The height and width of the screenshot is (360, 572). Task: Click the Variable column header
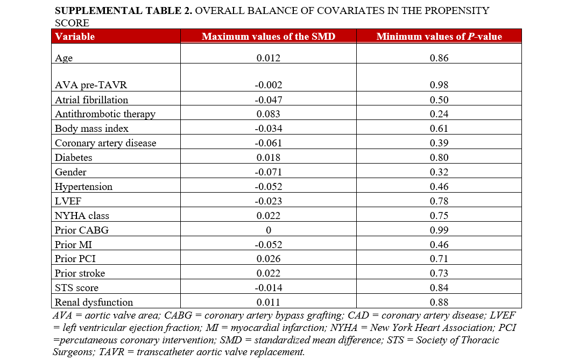(x=75, y=37)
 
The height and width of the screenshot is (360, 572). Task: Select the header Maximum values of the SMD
(x=268, y=37)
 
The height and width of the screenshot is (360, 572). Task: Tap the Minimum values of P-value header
(x=439, y=37)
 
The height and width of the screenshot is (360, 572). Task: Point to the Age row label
(x=63, y=58)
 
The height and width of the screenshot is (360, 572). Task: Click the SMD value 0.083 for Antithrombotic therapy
(x=268, y=114)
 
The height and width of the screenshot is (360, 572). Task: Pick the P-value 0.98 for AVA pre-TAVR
(x=439, y=85)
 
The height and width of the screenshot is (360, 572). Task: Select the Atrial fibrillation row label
(x=91, y=100)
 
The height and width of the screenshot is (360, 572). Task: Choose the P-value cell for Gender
(x=439, y=172)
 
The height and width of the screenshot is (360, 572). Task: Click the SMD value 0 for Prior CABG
(x=268, y=230)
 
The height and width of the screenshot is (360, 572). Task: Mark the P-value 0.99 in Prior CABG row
(x=439, y=230)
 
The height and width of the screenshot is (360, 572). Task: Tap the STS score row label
(x=76, y=288)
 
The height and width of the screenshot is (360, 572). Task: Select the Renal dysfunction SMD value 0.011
(x=268, y=302)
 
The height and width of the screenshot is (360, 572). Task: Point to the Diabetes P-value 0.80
(x=439, y=158)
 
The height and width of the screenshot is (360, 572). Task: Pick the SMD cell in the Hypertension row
(x=268, y=187)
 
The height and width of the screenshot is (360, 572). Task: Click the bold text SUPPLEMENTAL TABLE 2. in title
(x=123, y=11)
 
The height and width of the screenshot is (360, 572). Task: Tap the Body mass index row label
(x=91, y=129)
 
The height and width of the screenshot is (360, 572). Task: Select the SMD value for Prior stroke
(x=268, y=273)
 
